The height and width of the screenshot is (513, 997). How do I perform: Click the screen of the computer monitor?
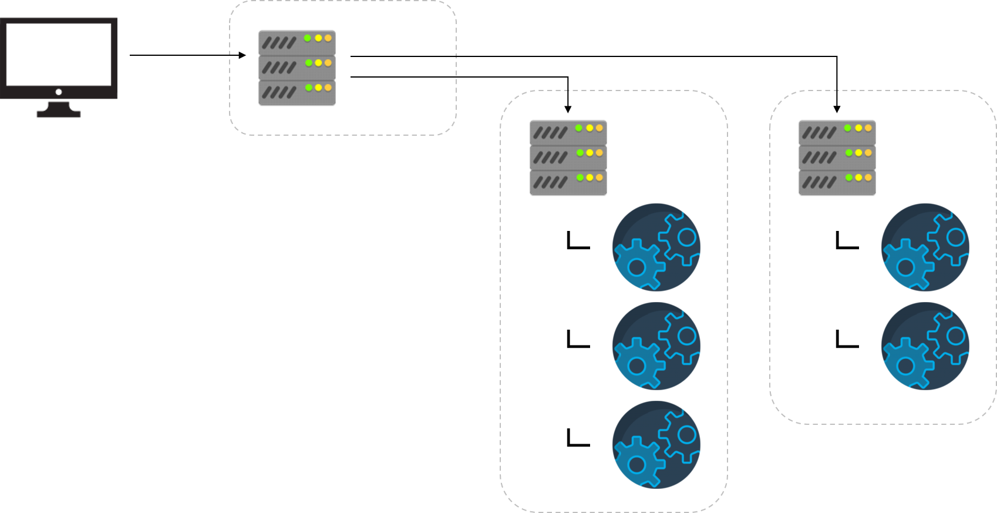pyautogui.click(x=59, y=53)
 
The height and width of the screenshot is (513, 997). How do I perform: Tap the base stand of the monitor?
pyautogui.click(x=59, y=114)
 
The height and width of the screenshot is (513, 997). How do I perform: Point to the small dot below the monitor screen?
pyautogui.click(x=59, y=92)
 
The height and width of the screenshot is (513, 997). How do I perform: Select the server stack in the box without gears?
pyautogui.click(x=297, y=67)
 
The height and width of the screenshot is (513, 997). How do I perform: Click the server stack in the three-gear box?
pyautogui.click(x=568, y=157)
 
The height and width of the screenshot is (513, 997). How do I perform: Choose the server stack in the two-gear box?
pyautogui.click(x=837, y=157)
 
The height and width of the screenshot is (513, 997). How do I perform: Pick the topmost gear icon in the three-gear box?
pyautogui.click(x=656, y=247)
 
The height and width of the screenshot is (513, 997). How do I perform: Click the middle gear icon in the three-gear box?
pyautogui.click(x=656, y=346)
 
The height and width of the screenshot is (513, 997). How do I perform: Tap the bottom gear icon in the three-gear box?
pyautogui.click(x=656, y=445)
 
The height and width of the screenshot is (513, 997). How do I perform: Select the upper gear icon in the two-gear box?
pyautogui.click(x=925, y=247)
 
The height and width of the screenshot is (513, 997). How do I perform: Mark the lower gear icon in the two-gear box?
pyautogui.click(x=925, y=346)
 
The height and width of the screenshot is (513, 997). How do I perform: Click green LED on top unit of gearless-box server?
pyautogui.click(x=307, y=38)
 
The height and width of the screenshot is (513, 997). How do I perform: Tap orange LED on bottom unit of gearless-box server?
pyautogui.click(x=328, y=88)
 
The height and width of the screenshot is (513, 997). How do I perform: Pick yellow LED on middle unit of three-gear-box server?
pyautogui.click(x=590, y=153)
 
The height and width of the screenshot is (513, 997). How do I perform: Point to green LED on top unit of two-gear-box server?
pyautogui.click(x=848, y=128)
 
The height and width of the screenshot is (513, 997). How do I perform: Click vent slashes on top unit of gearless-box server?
pyautogui.click(x=279, y=43)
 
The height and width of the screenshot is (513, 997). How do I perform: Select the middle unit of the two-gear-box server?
pyautogui.click(x=837, y=157)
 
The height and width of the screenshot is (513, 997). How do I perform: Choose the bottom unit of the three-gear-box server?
pyautogui.click(x=568, y=182)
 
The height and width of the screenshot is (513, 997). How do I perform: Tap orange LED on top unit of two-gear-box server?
pyautogui.click(x=868, y=128)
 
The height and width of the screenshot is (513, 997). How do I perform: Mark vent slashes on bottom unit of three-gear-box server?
pyautogui.click(x=550, y=183)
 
